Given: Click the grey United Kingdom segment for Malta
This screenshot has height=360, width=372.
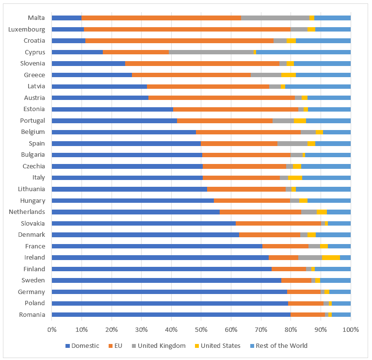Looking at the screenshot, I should coord(275,18).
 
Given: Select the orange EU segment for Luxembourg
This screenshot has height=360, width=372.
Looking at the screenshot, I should coord(187,29).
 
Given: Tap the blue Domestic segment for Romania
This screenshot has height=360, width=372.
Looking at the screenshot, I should coord(171,314).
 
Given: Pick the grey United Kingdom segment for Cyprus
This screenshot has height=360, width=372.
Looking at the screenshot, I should coord(211,52).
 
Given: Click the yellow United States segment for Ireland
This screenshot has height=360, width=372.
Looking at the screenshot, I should coord(331,258).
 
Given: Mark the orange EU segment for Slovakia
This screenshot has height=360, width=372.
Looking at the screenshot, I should coord(278,223).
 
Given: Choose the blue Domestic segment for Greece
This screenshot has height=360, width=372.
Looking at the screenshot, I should coord(92,75).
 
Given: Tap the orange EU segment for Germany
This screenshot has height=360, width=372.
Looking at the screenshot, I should coord(304,292).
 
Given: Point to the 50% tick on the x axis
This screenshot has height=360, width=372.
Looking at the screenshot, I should coord(201,329).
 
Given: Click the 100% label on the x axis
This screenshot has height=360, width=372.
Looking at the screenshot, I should coord(350,329).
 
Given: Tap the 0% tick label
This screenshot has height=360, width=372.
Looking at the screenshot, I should coord(52,329).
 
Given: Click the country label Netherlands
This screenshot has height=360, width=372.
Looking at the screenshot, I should coord(27,212).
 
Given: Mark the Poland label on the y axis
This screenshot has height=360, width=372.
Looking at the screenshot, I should coord(35,303).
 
